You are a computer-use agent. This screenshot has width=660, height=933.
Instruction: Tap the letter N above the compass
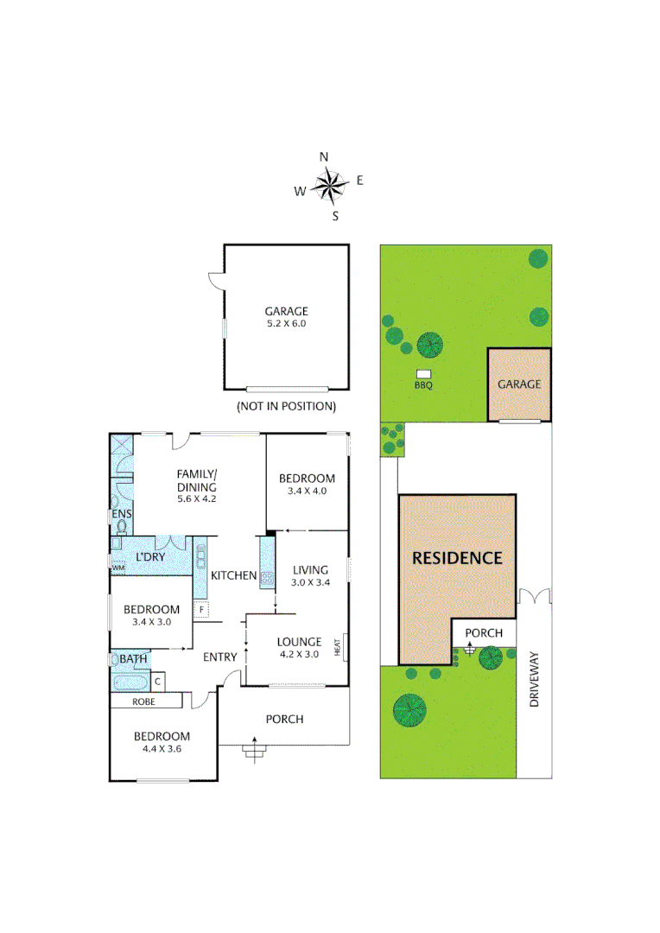coord(324,156)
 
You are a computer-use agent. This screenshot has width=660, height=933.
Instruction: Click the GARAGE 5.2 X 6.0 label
coord(286,318)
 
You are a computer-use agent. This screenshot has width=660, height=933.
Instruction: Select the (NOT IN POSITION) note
coord(286,405)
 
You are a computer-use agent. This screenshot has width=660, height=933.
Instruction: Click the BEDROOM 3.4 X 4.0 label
coord(307,485)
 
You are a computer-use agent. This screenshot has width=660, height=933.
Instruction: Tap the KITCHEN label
coord(234,575)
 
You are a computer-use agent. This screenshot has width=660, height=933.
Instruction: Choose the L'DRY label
coord(150,557)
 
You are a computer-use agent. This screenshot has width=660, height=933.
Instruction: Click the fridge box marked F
coord(201,610)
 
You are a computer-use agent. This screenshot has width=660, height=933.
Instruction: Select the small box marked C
coord(156,680)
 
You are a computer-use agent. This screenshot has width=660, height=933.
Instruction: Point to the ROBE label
coord(144,702)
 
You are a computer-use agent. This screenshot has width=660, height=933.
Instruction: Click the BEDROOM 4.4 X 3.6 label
coord(162,743)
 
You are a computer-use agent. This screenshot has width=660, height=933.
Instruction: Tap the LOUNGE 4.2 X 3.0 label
coord(299,648)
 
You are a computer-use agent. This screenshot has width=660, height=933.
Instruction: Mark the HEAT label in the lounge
coord(345,645)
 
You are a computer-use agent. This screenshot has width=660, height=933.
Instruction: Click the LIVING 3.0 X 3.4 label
coord(310,576)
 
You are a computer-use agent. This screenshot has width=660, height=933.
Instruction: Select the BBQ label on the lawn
coord(422,385)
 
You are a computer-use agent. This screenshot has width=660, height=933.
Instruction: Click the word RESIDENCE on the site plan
coord(456,558)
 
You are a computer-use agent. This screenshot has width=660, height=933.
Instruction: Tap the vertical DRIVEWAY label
coord(534,680)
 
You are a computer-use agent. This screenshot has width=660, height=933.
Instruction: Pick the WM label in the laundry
coord(117,567)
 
